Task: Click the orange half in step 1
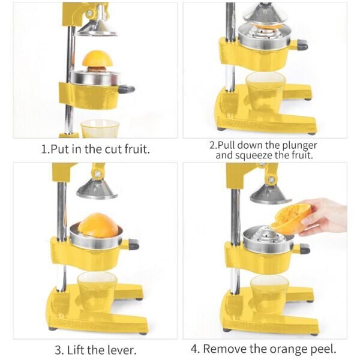(98, 59)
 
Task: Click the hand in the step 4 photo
(324, 217)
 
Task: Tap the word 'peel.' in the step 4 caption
(323, 349)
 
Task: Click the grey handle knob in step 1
(127, 89)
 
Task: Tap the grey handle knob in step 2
(302, 44)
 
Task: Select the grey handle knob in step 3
(134, 244)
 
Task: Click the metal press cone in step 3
(97, 189)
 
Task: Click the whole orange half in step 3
(98, 225)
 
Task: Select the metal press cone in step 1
(97, 28)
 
